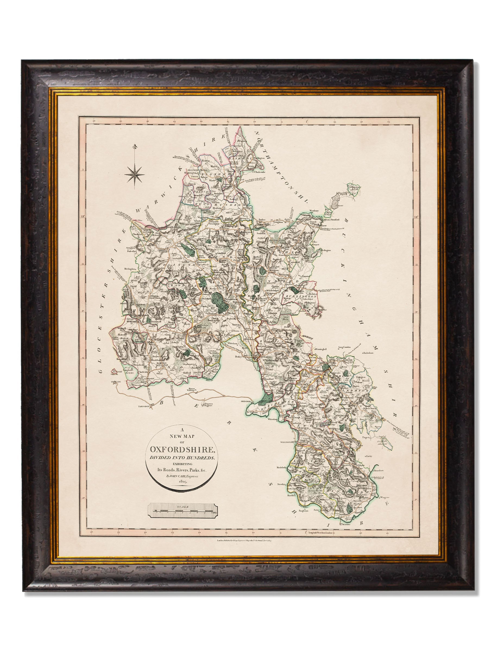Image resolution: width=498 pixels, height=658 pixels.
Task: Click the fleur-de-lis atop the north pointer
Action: tap(136, 147)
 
